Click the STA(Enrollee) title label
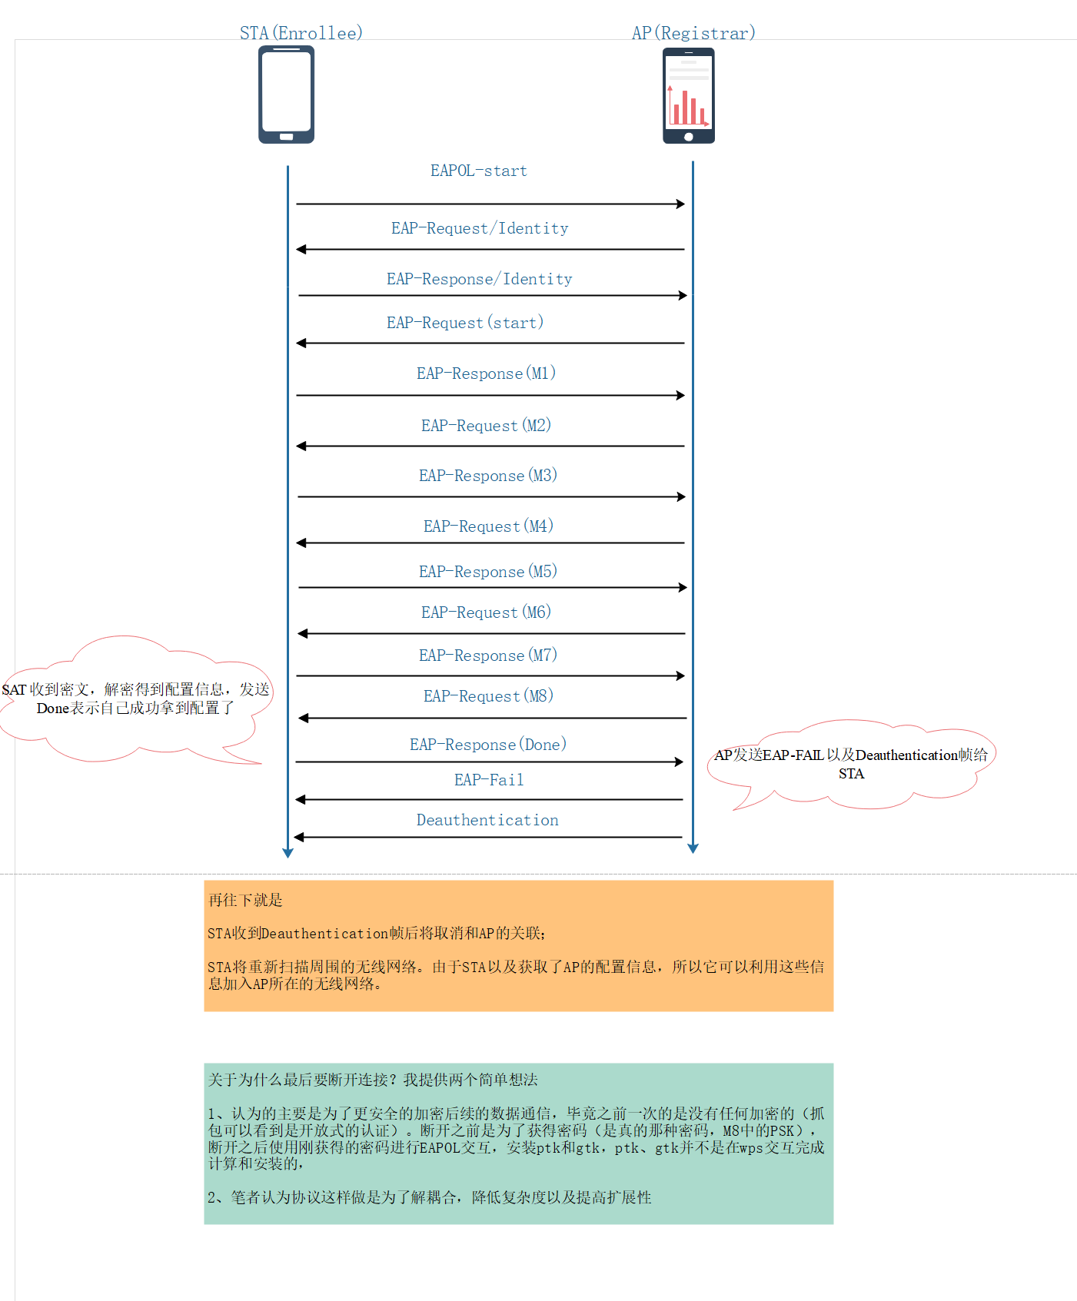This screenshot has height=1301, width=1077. pyautogui.click(x=301, y=33)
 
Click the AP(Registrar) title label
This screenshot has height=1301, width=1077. pyautogui.click(x=693, y=33)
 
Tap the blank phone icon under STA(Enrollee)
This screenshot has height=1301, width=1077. pyautogui.click(x=286, y=95)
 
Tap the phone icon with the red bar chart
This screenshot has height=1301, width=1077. pyautogui.click(x=689, y=95)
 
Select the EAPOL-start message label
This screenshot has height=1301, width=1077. pyautogui.click(x=478, y=171)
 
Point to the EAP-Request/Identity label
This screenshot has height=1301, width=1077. pyautogui.click(x=480, y=228)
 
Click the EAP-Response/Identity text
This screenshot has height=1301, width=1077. pyautogui.click(x=479, y=279)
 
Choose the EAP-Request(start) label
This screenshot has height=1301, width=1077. pyautogui.click(x=465, y=323)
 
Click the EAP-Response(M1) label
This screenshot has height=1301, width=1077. pyautogui.click(x=486, y=373)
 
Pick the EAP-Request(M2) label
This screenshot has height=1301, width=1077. pyautogui.click(x=486, y=426)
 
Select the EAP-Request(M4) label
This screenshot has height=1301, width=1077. pyautogui.click(x=488, y=526)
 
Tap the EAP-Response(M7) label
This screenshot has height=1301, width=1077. pyautogui.click(x=488, y=655)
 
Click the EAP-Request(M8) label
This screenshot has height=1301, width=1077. pyautogui.click(x=488, y=696)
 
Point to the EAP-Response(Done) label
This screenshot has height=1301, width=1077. pyautogui.click(x=488, y=745)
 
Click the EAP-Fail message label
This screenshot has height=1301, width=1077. pyautogui.click(x=489, y=780)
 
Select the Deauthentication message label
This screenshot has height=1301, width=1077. pyautogui.click(x=487, y=820)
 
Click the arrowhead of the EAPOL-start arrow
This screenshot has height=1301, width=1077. pyautogui.click(x=680, y=204)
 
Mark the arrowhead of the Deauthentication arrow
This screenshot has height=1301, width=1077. pyautogui.click(x=299, y=837)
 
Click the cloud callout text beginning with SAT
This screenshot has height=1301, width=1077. pyautogui.click(x=135, y=699)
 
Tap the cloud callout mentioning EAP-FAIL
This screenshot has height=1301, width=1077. pyautogui.click(x=851, y=764)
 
